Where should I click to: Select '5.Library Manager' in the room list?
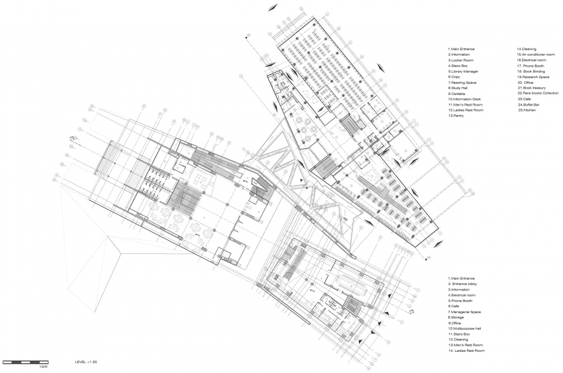463,71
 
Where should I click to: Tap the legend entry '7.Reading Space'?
462,83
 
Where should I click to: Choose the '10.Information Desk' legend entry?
465,99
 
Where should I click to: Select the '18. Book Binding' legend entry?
531,71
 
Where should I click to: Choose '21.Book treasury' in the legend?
531,88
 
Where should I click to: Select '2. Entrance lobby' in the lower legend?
464,284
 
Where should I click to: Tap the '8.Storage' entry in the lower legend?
458,317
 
